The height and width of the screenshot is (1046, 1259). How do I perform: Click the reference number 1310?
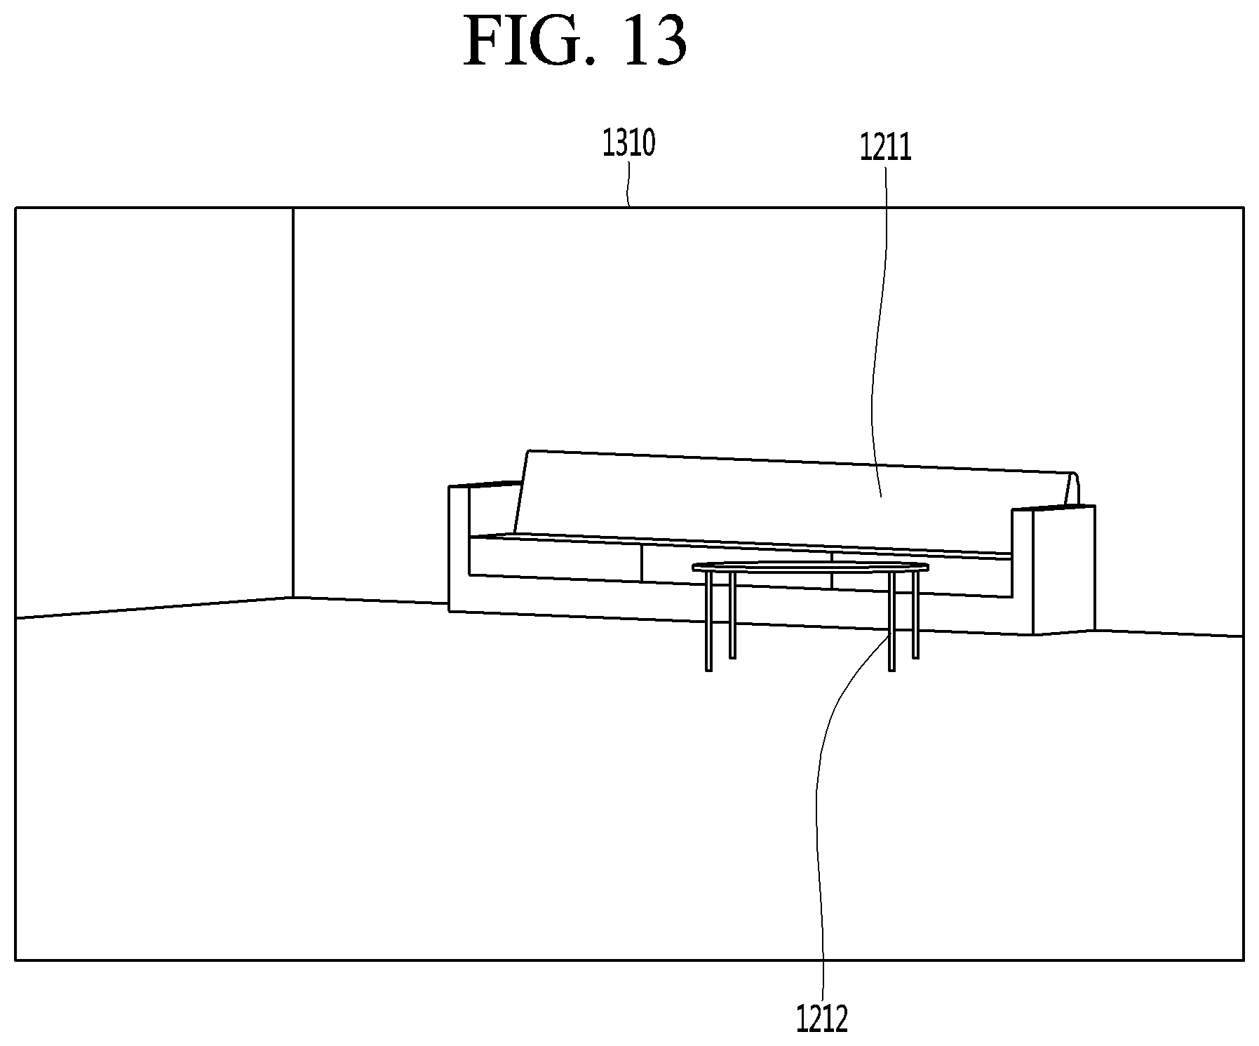[629, 144]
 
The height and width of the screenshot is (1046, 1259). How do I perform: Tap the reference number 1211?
[886, 148]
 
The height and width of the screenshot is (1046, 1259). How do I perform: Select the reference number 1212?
[822, 1019]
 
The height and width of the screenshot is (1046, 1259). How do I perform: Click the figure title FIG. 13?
[575, 41]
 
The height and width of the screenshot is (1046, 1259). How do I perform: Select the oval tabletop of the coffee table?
[810, 567]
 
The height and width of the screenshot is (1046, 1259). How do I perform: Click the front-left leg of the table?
[708, 622]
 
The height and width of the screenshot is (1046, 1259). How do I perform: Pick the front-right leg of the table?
[891, 622]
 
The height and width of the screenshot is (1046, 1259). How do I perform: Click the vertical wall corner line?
[292, 403]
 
